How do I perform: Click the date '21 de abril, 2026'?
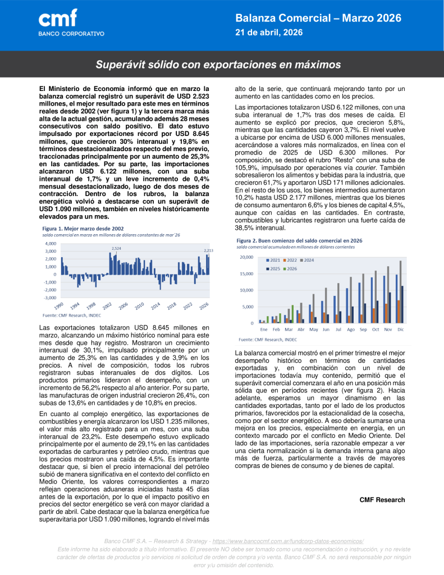point(268,33)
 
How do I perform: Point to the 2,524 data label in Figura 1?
point(116,248)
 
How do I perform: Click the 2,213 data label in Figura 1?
point(208,250)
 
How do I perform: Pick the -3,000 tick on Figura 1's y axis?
point(50,298)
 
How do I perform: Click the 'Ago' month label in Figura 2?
point(351,329)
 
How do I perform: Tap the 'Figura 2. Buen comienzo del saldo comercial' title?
point(299,240)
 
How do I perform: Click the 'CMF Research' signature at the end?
point(382,500)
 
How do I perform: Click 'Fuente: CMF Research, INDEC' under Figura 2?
point(268,339)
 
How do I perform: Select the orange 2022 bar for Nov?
point(387,313)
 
